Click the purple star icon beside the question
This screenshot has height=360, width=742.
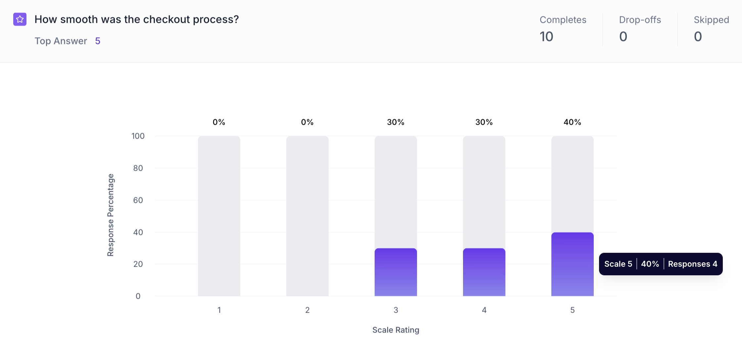click(x=20, y=19)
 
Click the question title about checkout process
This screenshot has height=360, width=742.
click(x=136, y=20)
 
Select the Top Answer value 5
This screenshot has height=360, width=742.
click(x=98, y=41)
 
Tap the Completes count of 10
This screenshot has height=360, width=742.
click(x=546, y=36)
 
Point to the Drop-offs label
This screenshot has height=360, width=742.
click(x=640, y=20)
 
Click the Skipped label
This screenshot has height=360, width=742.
click(x=711, y=20)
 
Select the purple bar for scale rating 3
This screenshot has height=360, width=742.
click(x=395, y=272)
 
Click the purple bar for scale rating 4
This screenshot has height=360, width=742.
click(x=484, y=272)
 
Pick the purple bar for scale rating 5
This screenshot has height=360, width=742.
click(x=572, y=264)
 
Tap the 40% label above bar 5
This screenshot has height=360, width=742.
click(x=572, y=122)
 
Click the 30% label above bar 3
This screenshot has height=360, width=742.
click(x=395, y=122)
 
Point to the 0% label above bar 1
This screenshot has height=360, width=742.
click(x=219, y=122)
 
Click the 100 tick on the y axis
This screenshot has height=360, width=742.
click(x=138, y=136)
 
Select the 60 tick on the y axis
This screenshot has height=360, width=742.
click(x=138, y=200)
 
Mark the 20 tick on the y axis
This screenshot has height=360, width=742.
click(x=138, y=264)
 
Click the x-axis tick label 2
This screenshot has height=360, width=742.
click(x=307, y=310)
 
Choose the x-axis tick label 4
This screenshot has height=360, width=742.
click(x=484, y=310)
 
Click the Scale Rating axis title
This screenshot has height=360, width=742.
click(x=395, y=330)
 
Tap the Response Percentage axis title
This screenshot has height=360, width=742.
click(x=111, y=215)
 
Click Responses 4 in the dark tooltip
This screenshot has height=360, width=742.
click(x=692, y=264)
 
